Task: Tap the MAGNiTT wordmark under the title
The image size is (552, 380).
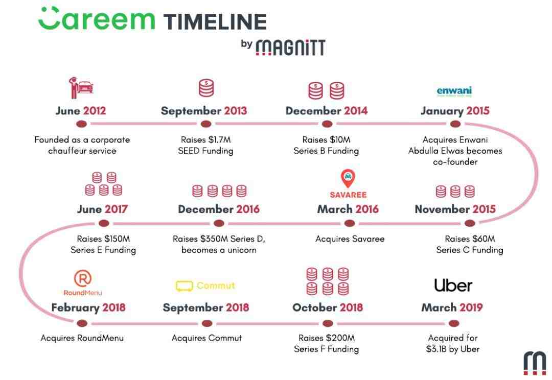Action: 290,47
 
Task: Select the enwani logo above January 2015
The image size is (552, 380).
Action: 454,91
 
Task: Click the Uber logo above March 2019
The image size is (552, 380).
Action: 453,286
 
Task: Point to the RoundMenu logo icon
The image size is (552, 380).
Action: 83,278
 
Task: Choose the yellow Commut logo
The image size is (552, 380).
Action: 205,286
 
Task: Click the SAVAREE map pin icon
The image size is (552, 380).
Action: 348,178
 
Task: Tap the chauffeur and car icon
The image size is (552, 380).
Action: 81,88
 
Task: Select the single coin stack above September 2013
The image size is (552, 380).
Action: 206,88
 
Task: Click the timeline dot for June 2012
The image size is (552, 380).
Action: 81,124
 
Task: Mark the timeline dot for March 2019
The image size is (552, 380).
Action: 454,323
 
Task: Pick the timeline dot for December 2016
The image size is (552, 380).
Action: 219,223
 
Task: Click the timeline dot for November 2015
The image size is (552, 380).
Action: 470,223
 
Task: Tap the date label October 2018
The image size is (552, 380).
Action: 328,307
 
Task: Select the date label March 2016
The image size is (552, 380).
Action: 348,209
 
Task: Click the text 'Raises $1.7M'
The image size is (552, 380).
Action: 206,139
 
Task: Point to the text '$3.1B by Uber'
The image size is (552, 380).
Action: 453,349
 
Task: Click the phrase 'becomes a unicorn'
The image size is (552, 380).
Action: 219,250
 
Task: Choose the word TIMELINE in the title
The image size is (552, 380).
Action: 215,22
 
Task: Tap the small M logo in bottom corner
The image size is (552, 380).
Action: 535,363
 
